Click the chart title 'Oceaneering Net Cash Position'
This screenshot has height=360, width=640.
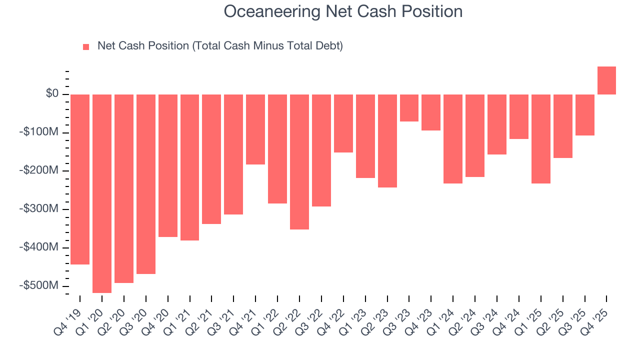[343, 11]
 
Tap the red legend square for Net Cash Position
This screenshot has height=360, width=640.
[86, 46]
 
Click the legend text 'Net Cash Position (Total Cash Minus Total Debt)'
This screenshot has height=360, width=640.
[220, 46]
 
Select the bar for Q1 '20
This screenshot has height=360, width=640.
[102, 193]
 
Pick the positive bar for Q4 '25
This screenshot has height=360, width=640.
[606, 80]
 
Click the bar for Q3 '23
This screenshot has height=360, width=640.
[409, 108]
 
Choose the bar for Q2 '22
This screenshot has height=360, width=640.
[299, 161]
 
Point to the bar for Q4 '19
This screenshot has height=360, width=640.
[80, 179]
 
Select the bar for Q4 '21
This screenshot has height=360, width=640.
[255, 129]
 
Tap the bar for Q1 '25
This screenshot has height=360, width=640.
[540, 139]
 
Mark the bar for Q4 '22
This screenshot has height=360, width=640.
[343, 123]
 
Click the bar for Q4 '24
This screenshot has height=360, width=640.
[518, 116]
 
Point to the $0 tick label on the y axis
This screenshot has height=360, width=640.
[52, 94]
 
